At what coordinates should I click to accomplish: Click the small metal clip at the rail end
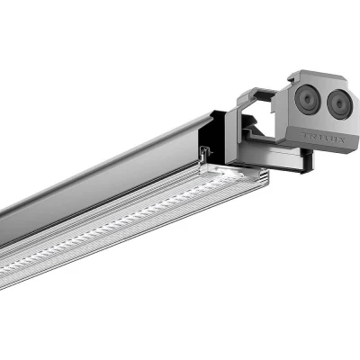click(x=206, y=154)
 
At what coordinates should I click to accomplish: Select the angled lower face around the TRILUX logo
click(x=315, y=139)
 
